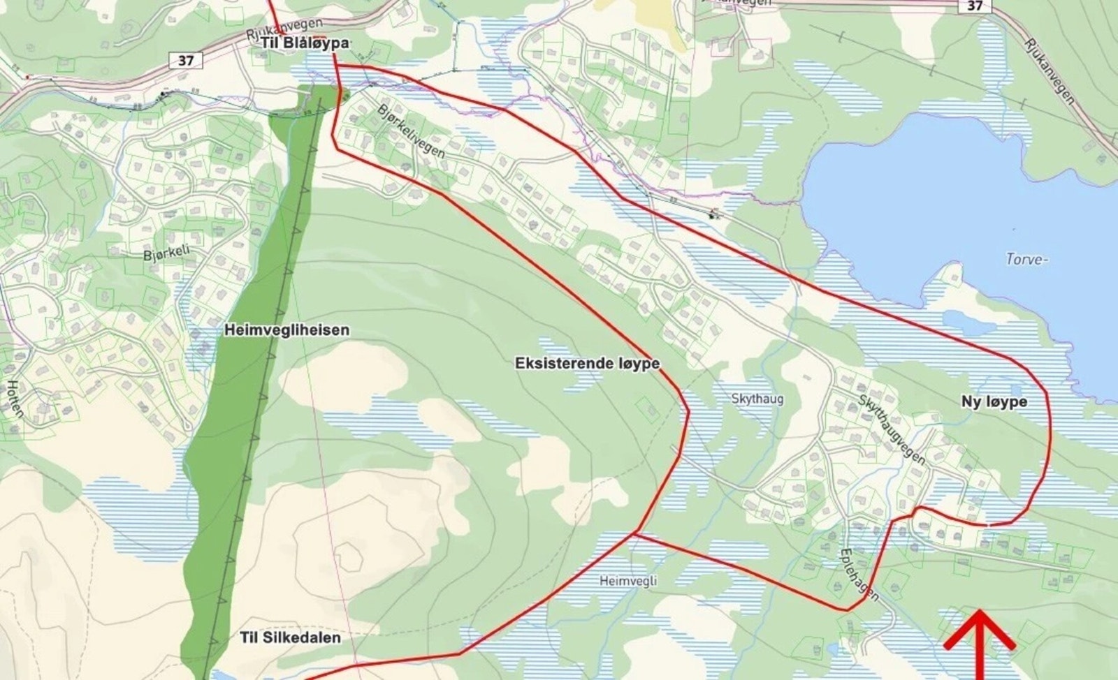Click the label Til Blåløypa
click(305, 43)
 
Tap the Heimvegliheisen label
click(286, 330)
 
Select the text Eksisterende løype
click(587, 364)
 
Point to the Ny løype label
click(994, 401)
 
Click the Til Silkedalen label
click(290, 637)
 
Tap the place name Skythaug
click(757, 399)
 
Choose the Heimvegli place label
click(628, 580)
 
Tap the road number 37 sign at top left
click(185, 61)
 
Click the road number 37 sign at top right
click(975, 6)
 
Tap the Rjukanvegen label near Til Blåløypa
click(285, 29)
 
